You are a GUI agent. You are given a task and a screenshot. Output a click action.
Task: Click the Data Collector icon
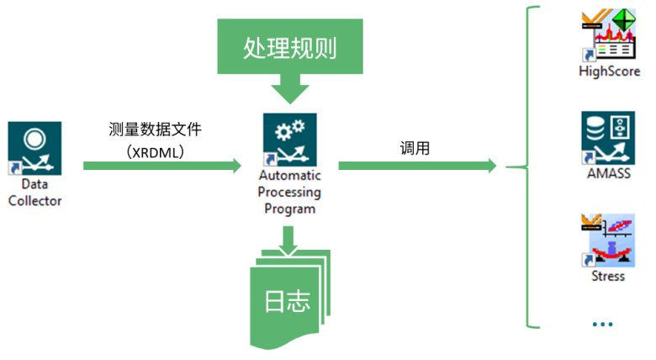pos(34,147)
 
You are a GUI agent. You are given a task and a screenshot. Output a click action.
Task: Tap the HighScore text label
pos(609,71)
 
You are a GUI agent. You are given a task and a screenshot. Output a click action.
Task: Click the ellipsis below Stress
pos(602,324)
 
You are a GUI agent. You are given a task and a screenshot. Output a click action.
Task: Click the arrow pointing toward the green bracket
pos(416,167)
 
